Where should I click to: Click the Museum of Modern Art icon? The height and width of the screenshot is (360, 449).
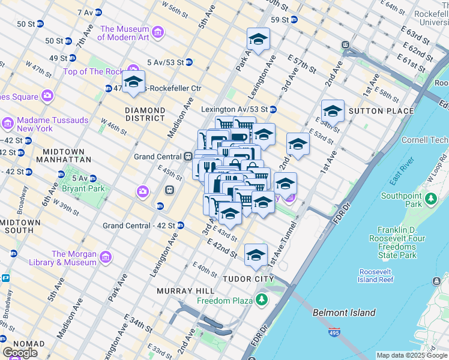point(158,31)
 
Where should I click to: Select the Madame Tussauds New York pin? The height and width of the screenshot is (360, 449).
point(8,124)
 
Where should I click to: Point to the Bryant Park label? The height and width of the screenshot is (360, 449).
point(83,188)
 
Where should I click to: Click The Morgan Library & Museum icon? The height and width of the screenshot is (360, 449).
point(106,257)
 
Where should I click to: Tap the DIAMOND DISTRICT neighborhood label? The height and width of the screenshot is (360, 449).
point(145,115)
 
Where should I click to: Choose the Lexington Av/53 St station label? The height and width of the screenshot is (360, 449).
point(234,109)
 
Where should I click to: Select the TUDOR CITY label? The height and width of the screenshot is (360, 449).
point(248,279)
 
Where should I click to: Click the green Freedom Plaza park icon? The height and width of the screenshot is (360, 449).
point(261,299)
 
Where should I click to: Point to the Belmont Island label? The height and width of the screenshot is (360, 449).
point(344,313)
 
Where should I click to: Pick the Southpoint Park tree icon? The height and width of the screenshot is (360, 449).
point(430,199)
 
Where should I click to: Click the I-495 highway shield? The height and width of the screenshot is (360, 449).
point(333,331)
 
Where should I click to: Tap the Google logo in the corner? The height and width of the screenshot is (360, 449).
point(20,353)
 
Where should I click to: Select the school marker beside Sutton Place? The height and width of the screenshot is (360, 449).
point(333,112)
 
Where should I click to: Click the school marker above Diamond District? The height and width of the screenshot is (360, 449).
point(133,82)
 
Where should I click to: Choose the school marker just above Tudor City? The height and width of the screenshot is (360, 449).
point(256,254)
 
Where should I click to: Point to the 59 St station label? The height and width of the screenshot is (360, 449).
point(280,20)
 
